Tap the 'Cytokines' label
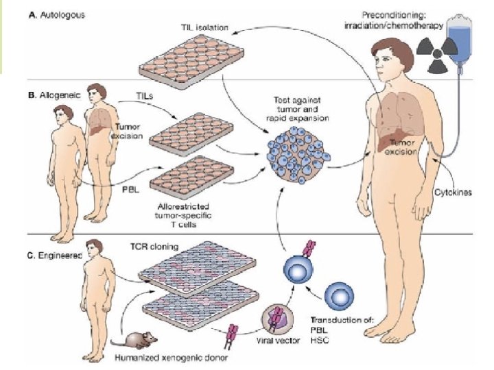(453, 193)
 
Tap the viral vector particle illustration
(279, 316)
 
